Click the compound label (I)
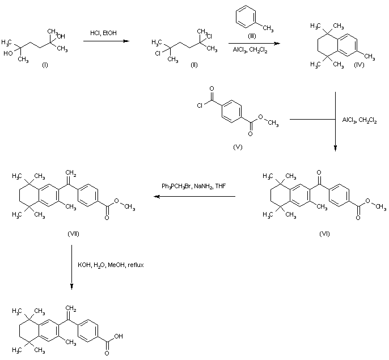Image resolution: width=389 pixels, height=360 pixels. coord(45,65)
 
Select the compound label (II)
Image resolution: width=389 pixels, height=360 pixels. coord(194,65)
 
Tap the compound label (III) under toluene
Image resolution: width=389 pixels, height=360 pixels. coord(252,36)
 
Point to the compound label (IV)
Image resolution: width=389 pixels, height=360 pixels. coord(359,65)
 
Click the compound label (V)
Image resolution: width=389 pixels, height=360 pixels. coord(238,147)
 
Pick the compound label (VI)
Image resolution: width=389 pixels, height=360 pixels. coord(324,234)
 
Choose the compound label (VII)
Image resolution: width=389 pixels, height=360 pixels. coord(73,234)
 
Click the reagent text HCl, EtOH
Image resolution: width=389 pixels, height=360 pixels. coord(103,33)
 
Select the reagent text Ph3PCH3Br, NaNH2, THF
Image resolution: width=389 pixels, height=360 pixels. coord(194,186)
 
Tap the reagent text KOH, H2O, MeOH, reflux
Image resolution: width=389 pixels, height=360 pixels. coord(111,265)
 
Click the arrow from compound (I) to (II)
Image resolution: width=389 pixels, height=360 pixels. coord(106,41)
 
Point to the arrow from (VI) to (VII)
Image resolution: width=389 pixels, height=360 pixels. coord(195,197)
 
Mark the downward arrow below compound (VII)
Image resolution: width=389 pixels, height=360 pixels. coord(71,267)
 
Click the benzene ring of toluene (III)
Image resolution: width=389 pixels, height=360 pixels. coord(246,16)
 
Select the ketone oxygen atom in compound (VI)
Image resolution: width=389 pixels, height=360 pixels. coord(319,172)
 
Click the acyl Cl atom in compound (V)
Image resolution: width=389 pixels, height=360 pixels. coord(200,105)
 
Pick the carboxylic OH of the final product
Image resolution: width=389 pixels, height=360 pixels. coord(119,336)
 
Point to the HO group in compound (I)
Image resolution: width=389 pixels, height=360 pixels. coord(8,53)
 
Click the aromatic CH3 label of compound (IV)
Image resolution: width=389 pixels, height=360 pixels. coord(370,57)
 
